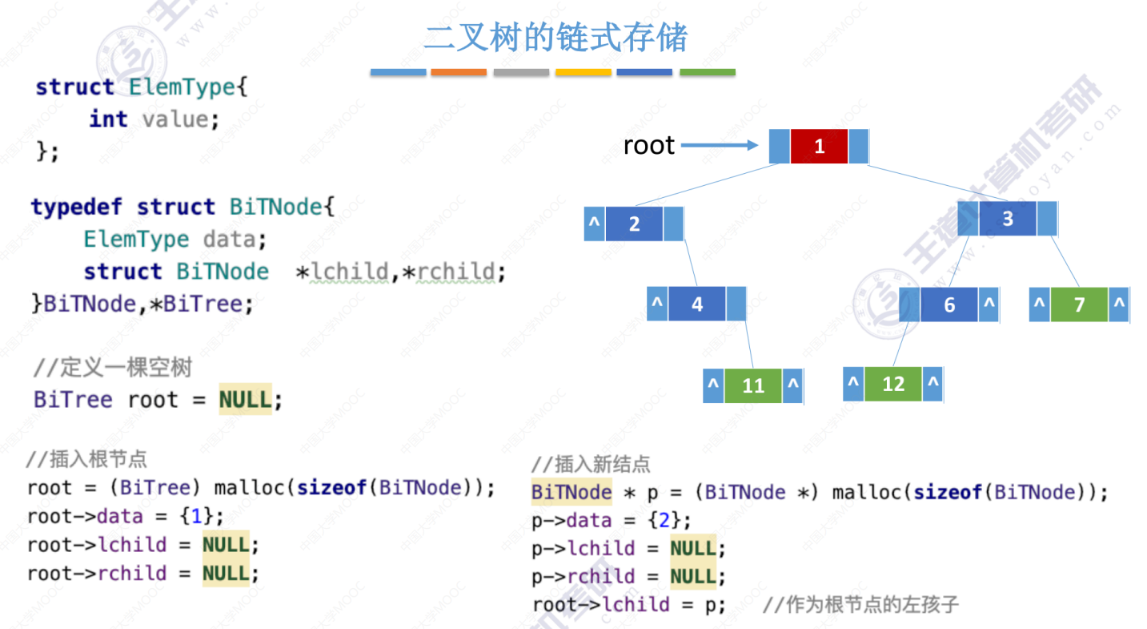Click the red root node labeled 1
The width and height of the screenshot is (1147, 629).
[x=819, y=147]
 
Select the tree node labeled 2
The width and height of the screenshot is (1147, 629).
[x=634, y=224]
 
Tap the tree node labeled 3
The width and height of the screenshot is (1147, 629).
[x=1008, y=219]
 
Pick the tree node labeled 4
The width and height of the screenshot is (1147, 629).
[x=696, y=304]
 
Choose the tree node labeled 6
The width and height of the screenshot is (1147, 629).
[x=949, y=305]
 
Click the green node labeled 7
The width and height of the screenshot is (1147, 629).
[x=1079, y=305]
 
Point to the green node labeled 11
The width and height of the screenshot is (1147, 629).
[x=752, y=386]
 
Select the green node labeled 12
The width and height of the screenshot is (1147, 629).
[x=892, y=385]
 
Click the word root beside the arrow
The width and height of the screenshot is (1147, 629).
[x=649, y=146]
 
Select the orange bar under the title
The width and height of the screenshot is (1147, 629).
[x=459, y=73]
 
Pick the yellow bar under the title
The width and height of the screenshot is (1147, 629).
[x=583, y=73]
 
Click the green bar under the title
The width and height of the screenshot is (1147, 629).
[x=707, y=73]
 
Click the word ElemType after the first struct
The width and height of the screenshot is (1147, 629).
[x=183, y=87]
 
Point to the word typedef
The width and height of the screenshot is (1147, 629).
[x=76, y=207]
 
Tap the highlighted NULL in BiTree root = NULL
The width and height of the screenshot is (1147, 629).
[x=246, y=398]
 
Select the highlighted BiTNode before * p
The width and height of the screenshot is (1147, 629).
[x=571, y=492]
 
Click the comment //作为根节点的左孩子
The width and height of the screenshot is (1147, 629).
[x=860, y=604]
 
